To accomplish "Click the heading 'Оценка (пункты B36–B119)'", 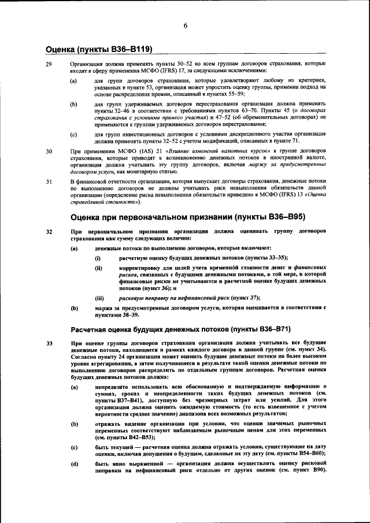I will pyautogui.click(x=99, y=50).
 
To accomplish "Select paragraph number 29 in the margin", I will pyautogui.click(x=49, y=64).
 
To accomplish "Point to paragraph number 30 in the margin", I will pyautogui.click(x=49, y=151).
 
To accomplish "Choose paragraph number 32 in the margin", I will pyautogui.click(x=49, y=232).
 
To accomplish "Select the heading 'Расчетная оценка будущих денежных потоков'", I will pyautogui.click(x=180, y=329).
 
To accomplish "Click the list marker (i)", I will pyautogui.click(x=98, y=258).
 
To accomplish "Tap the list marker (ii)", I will pyautogui.click(x=98, y=268).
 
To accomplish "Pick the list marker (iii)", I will pyautogui.click(x=99, y=298).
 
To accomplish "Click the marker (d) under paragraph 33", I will pyautogui.click(x=74, y=464).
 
